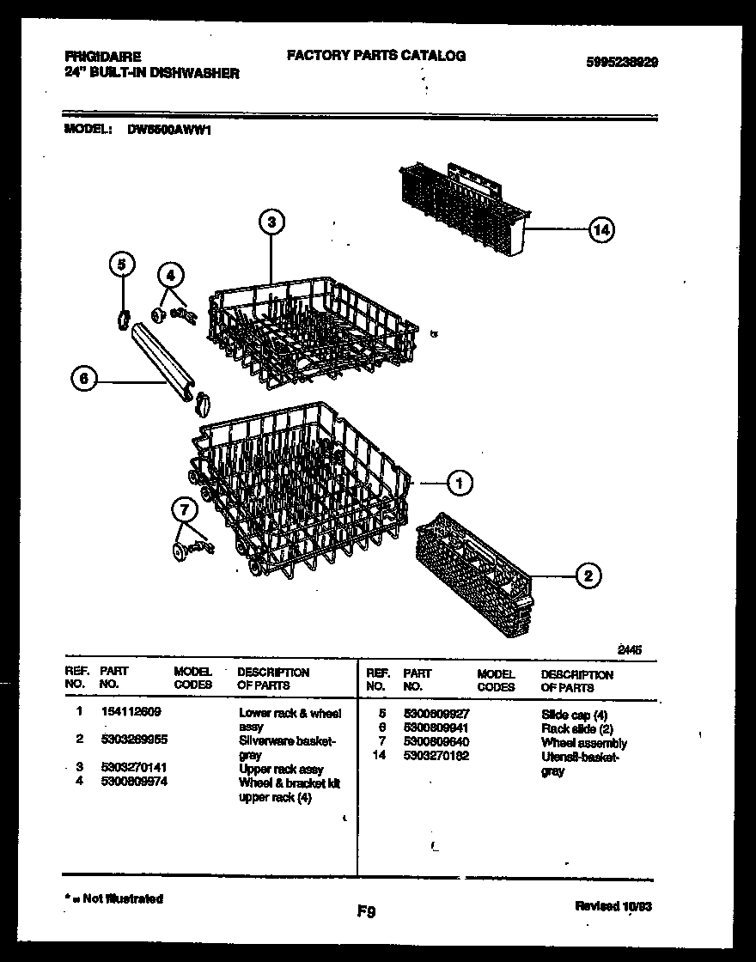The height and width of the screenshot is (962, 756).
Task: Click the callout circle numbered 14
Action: point(603,229)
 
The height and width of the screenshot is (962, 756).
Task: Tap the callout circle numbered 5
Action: point(122,265)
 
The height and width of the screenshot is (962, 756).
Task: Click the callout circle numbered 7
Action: point(183,510)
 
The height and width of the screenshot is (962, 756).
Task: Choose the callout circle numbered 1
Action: point(460,484)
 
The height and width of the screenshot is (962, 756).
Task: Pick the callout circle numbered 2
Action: point(588,576)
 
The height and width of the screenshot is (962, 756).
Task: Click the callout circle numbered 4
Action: point(170,276)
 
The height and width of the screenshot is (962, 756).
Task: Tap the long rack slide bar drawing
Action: point(164,356)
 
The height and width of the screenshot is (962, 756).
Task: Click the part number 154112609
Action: point(130,712)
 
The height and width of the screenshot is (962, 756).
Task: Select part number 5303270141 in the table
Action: point(134,770)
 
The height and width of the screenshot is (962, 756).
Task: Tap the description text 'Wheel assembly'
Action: point(583,743)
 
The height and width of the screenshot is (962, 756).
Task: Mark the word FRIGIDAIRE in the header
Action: point(103,57)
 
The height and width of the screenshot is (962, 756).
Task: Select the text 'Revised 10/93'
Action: point(616,906)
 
